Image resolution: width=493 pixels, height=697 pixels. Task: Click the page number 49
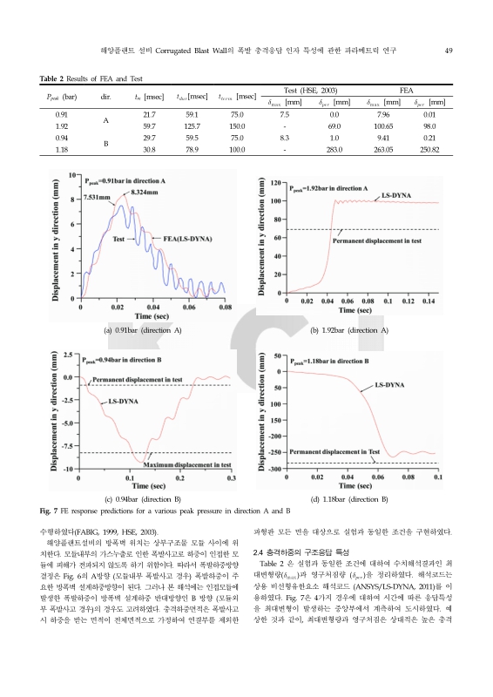click(x=446, y=51)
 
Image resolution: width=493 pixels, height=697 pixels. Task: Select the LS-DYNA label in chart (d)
click(x=389, y=384)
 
